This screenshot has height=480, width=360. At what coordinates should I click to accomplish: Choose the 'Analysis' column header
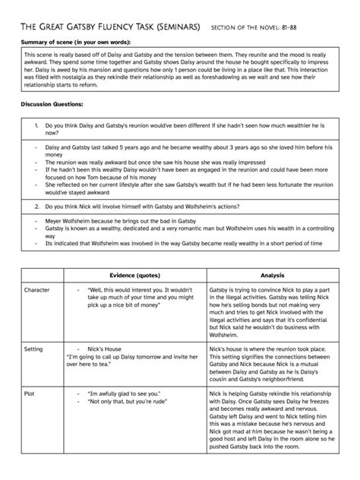[x=272, y=275]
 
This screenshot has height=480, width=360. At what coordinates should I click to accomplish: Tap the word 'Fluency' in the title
[x=125, y=28]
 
